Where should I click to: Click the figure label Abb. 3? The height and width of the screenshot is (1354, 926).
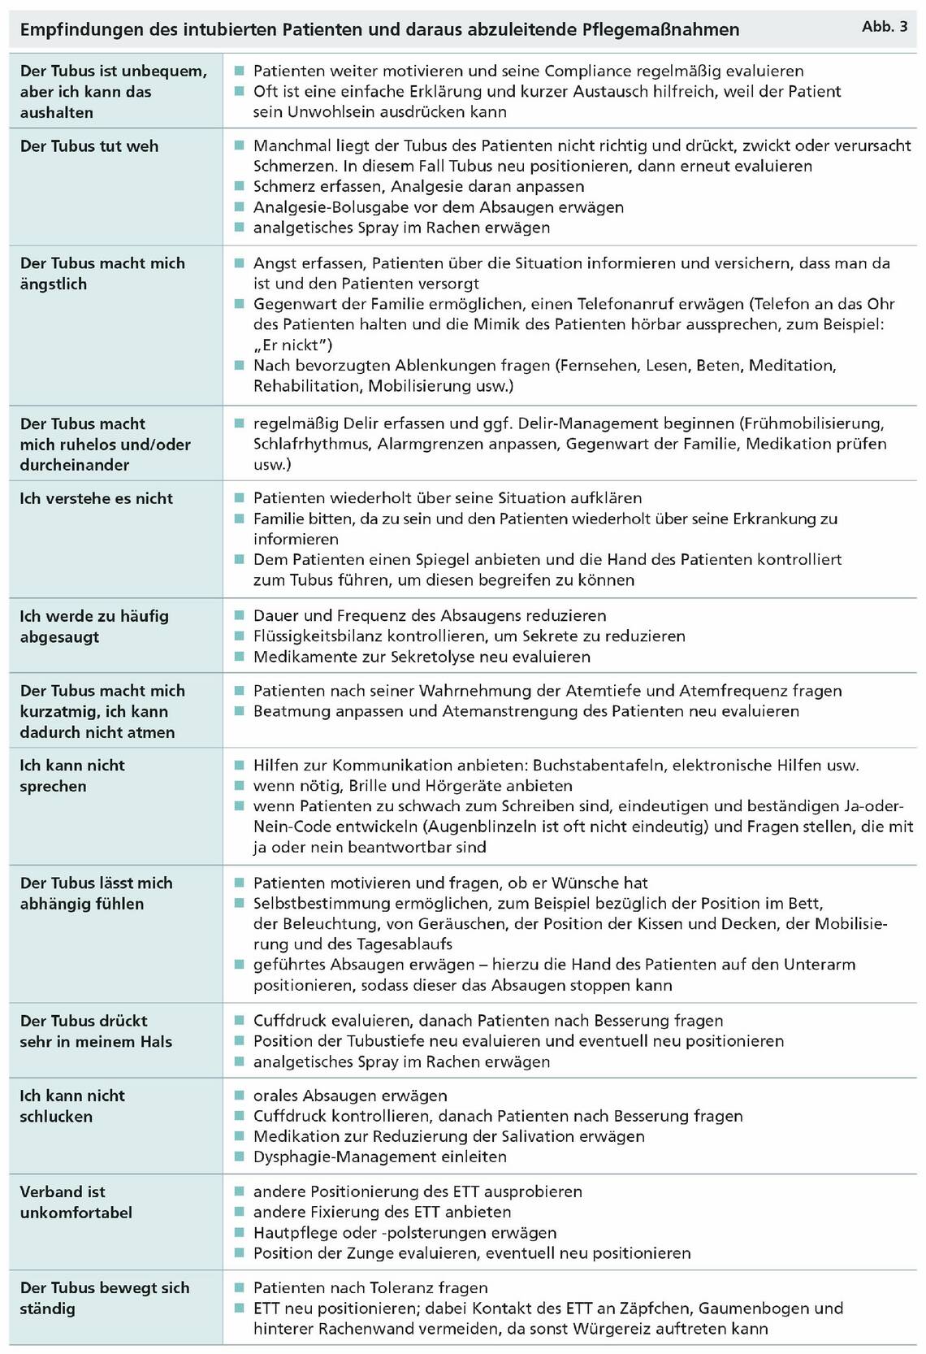coord(885,27)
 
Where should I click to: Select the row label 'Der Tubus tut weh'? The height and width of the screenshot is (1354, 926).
coord(89,146)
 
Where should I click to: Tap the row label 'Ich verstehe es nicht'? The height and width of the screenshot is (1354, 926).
coord(97,498)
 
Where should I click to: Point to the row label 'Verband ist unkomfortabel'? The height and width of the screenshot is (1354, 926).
coord(76,1202)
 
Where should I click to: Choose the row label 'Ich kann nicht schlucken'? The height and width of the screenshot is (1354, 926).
coord(72,1106)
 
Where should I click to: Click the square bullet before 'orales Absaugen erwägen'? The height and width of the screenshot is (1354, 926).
coord(239,1096)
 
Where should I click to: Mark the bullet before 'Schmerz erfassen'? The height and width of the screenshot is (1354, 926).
coord(239,186)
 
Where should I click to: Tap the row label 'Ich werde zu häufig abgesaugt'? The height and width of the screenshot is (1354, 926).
coord(94,626)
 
